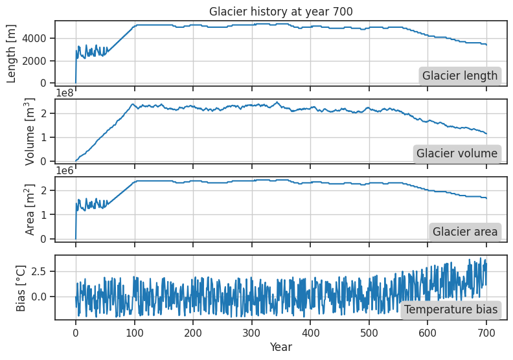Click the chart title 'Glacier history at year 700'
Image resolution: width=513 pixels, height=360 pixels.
click(x=280, y=11)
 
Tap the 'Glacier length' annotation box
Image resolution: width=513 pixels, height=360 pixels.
click(x=460, y=76)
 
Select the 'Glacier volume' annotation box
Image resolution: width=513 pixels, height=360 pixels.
click(x=457, y=153)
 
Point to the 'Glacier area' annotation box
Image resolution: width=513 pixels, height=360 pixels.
click(x=465, y=232)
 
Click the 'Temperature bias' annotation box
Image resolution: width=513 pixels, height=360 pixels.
click(x=451, y=309)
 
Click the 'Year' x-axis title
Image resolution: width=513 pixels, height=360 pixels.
click(x=280, y=347)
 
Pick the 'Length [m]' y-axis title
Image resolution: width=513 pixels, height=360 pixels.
click(x=12, y=52)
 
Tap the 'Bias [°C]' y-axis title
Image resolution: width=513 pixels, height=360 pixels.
click(x=21, y=286)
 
